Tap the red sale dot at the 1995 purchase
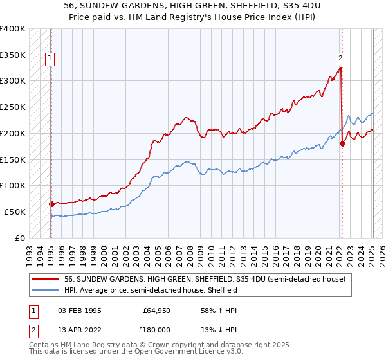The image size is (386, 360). point(51,204)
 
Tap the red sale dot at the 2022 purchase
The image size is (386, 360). point(342,143)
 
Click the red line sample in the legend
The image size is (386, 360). point(46,279)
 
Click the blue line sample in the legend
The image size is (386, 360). point(46,290)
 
